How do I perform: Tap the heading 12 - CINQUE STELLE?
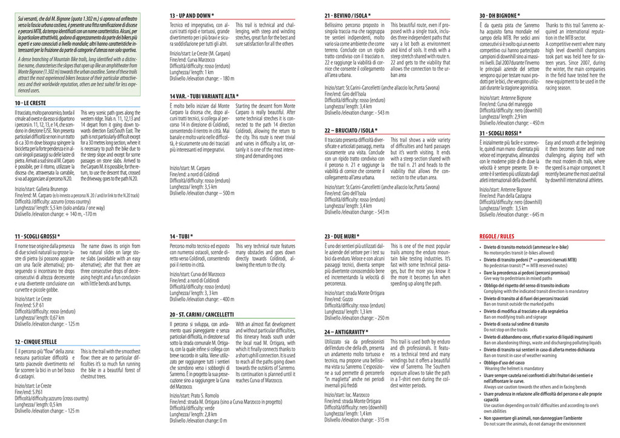click(35, 342)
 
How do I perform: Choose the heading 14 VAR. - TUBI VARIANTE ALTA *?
click(204, 96)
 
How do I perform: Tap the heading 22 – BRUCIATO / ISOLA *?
click(351, 130)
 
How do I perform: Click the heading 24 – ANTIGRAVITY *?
click(346, 332)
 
